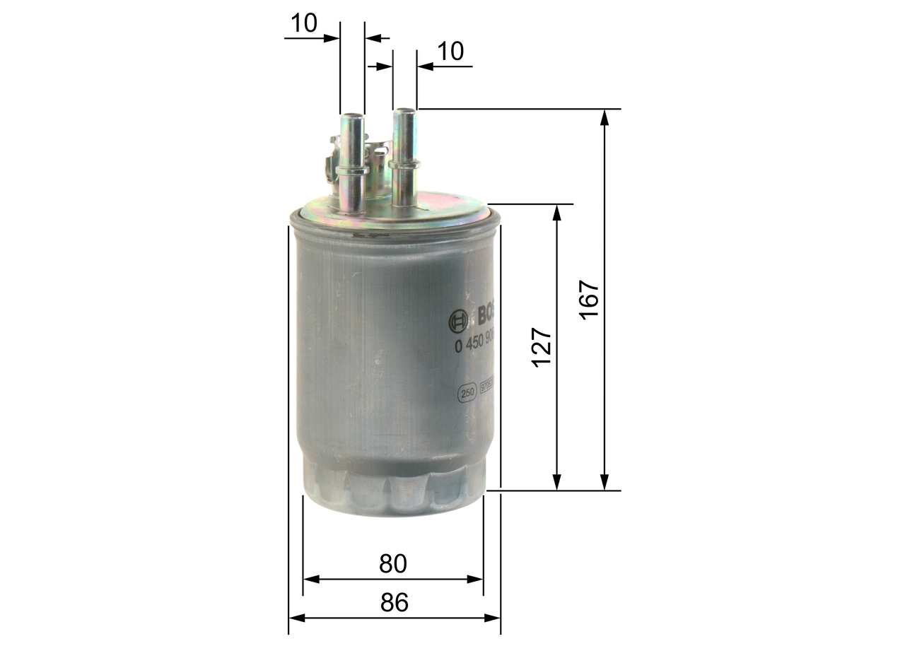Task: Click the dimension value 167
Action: (x=589, y=300)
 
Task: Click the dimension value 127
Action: (x=542, y=346)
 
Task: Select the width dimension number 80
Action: (x=393, y=563)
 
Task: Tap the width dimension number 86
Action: (x=395, y=603)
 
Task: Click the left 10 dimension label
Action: (x=304, y=23)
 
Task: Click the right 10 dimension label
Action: (x=450, y=52)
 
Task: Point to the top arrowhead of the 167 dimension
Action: (x=605, y=117)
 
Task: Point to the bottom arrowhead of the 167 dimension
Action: (x=605, y=483)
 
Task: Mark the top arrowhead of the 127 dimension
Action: (x=557, y=212)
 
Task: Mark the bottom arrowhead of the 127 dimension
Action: (x=557, y=483)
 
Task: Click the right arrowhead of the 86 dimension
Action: (x=493, y=618)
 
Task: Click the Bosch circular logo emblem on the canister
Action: (x=457, y=322)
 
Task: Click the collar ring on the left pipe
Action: (x=352, y=170)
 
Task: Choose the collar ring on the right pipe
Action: (x=404, y=163)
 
